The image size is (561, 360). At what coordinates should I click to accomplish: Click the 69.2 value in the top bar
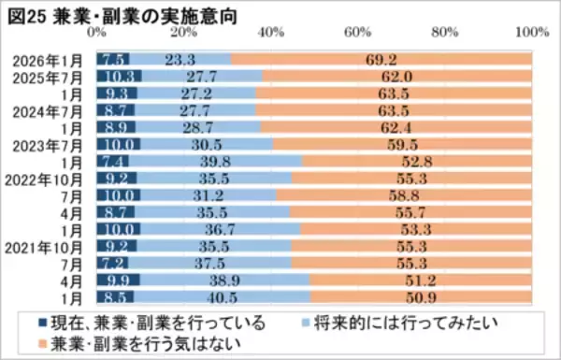pyautogui.click(x=381, y=60)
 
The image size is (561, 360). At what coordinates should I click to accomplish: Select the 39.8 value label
pyautogui.click(x=217, y=162)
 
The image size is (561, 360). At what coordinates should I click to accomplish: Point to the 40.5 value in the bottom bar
pyautogui.click(x=223, y=297)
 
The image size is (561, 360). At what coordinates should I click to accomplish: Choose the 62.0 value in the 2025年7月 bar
pyautogui.click(x=396, y=77)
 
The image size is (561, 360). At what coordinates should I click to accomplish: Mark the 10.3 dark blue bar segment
pyautogui.click(x=119, y=77)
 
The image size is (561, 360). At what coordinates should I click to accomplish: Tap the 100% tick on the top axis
pyautogui.click(x=532, y=33)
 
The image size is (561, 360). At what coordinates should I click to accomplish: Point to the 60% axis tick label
pyautogui.click(x=358, y=33)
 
